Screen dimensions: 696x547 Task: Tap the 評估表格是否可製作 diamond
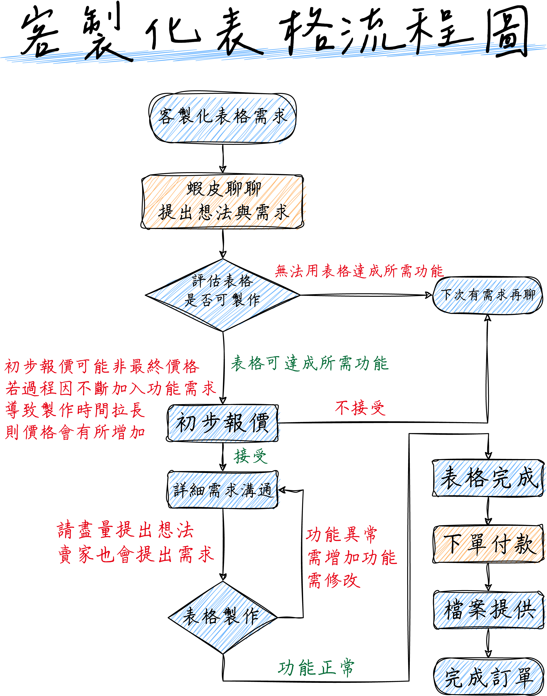coord(223,295)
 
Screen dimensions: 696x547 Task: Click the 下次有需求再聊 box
coord(487,295)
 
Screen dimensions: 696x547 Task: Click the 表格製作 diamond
coord(223,617)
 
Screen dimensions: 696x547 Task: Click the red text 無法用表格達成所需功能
coord(359,271)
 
